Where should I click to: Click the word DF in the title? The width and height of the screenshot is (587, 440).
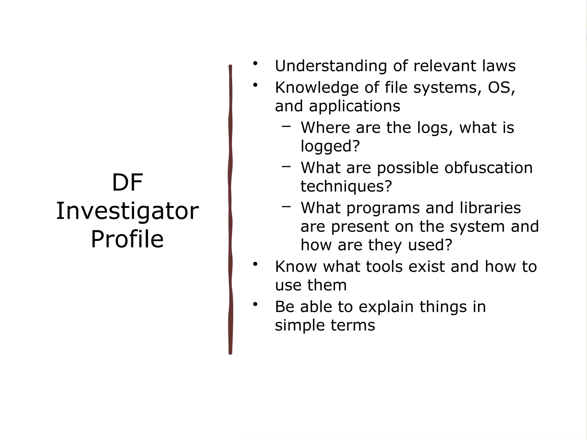click(127, 183)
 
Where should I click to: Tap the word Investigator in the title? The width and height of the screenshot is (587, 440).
click(127, 211)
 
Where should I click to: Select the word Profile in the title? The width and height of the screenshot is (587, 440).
click(127, 239)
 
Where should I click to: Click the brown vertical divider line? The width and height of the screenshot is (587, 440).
click(230, 209)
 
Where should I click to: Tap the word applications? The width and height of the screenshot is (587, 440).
click(355, 106)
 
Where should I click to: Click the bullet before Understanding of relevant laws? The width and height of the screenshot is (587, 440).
click(255, 63)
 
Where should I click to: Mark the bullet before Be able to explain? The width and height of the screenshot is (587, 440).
click(255, 304)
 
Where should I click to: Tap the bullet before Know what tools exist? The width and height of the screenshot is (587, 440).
click(255, 264)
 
